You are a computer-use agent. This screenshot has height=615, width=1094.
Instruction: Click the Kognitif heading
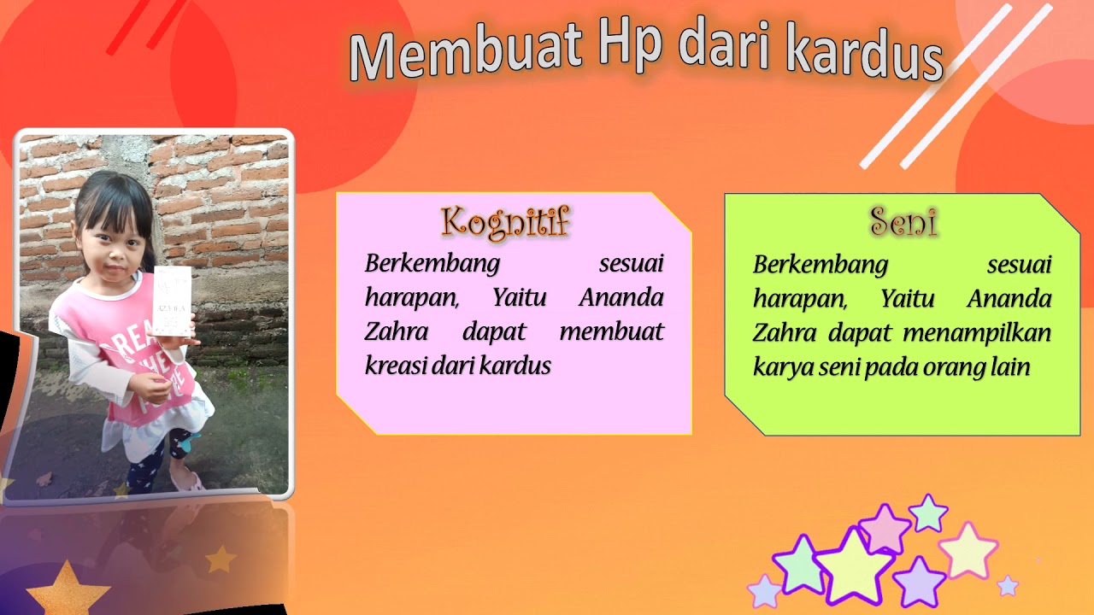505,222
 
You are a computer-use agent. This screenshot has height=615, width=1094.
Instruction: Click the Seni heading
903,222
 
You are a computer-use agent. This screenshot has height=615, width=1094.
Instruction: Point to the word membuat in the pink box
611,331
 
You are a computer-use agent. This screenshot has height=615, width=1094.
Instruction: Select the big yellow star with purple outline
854,565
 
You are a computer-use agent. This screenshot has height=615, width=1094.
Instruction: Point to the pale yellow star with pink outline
968,551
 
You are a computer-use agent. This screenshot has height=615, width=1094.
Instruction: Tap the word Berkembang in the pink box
432,263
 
